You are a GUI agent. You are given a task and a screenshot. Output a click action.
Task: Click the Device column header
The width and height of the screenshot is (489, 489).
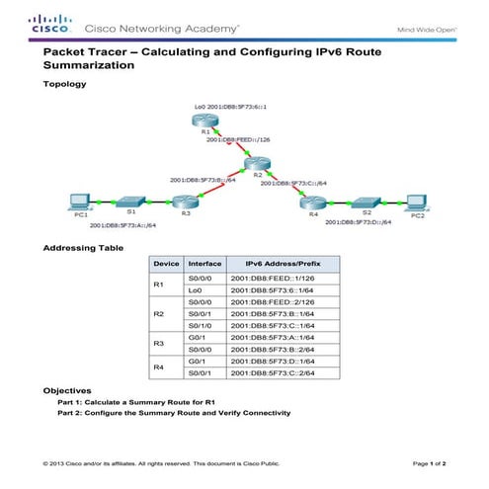tap(166, 265)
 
